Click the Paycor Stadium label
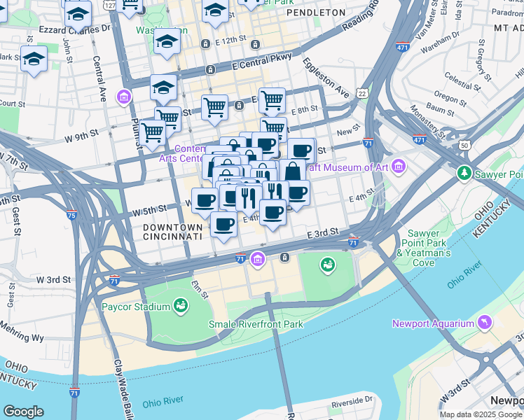pos(136,307)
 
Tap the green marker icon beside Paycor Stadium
pos(181,306)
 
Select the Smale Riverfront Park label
pos(256,324)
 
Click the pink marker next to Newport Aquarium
pos(484,323)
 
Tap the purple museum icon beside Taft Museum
pos(399,167)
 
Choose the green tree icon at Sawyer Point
pos(464,172)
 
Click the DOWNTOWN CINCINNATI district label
pos(172,232)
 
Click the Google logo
pos(23,412)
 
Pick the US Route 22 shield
pos(361,93)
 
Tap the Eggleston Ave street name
pos(325,76)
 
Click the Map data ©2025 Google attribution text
pos(480,414)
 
